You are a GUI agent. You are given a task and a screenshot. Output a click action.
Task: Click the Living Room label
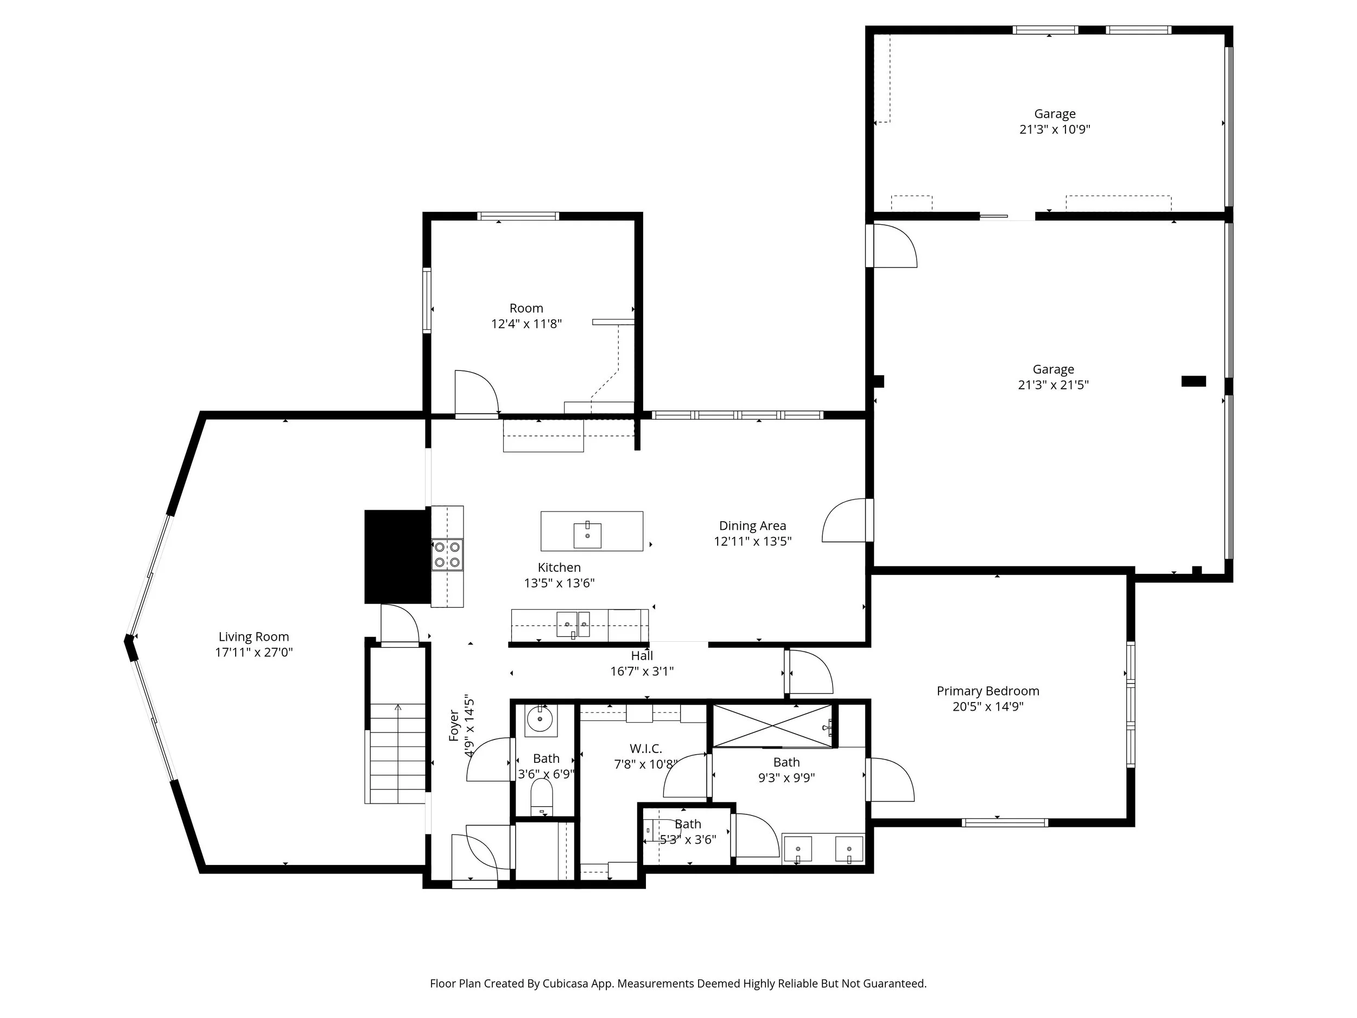pos(253,637)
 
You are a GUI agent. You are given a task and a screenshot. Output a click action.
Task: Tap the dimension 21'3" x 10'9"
pos(1055,129)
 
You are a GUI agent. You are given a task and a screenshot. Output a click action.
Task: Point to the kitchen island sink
pos(587,535)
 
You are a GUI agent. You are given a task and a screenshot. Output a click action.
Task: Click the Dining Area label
pos(752,526)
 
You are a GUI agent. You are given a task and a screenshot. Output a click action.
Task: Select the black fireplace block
pos(397,557)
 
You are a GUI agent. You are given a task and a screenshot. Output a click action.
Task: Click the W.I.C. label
pos(645,749)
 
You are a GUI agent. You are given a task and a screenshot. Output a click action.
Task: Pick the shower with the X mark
pos(774,726)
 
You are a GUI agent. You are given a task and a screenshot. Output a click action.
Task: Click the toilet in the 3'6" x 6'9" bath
pos(541,796)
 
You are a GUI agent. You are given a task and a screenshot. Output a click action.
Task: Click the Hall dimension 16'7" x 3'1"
pos(642,671)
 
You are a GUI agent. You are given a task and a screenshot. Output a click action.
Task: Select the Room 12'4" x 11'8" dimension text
pos(527,324)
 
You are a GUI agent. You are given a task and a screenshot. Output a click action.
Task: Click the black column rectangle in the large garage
pos(1193,381)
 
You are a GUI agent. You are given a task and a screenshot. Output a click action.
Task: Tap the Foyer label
pos(454,725)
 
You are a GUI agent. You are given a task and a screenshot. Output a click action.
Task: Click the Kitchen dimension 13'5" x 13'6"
pos(559,583)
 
